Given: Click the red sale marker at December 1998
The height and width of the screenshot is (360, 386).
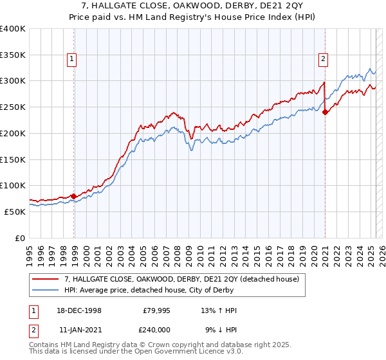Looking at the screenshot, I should pyautogui.click(x=74, y=196).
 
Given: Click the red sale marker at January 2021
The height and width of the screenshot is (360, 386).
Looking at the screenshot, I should pyautogui.click(x=325, y=112).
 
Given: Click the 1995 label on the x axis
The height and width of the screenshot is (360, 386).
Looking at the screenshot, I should pyautogui.click(x=30, y=253).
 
